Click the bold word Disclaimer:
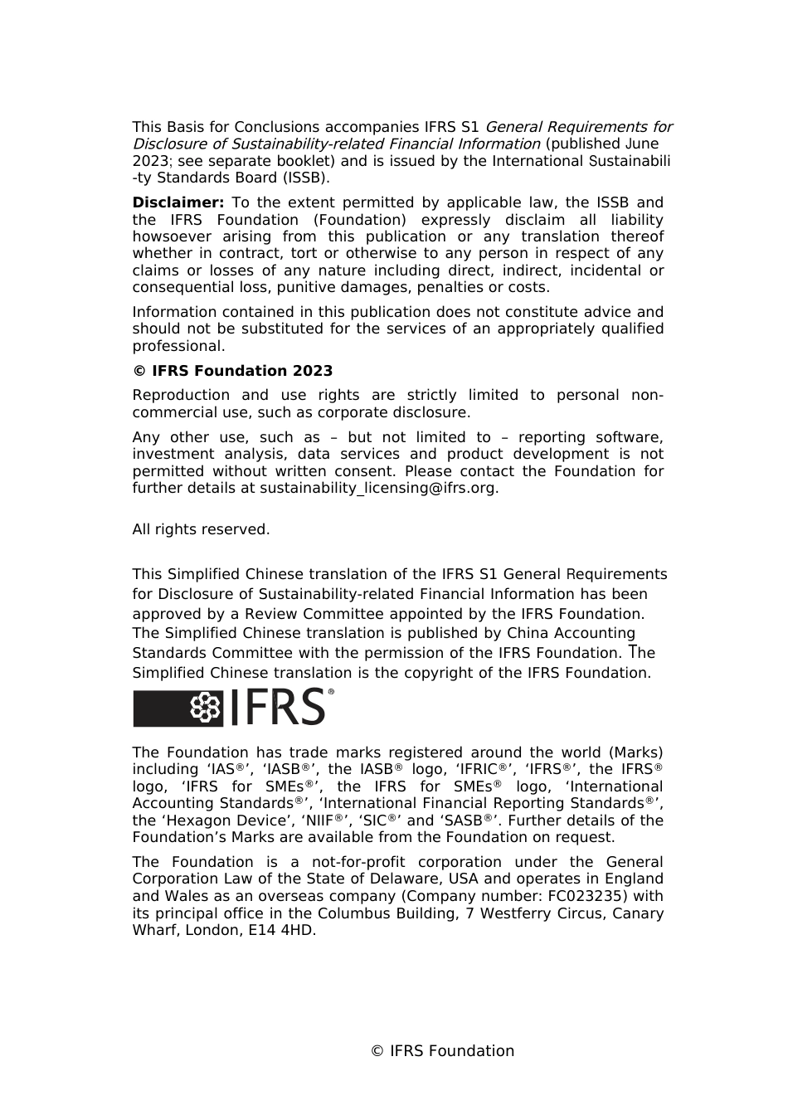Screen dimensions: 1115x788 [178, 202]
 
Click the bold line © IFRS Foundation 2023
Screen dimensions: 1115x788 [232, 371]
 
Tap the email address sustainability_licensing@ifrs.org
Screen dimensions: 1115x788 [379, 488]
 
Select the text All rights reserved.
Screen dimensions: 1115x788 [201, 529]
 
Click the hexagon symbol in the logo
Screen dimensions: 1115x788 [206, 708]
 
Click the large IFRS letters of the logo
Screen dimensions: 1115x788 [277, 708]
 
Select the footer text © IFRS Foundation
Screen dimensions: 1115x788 [442, 1051]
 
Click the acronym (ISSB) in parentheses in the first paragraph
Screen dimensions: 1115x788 [304, 178]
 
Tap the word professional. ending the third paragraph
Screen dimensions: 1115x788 [178, 346]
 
